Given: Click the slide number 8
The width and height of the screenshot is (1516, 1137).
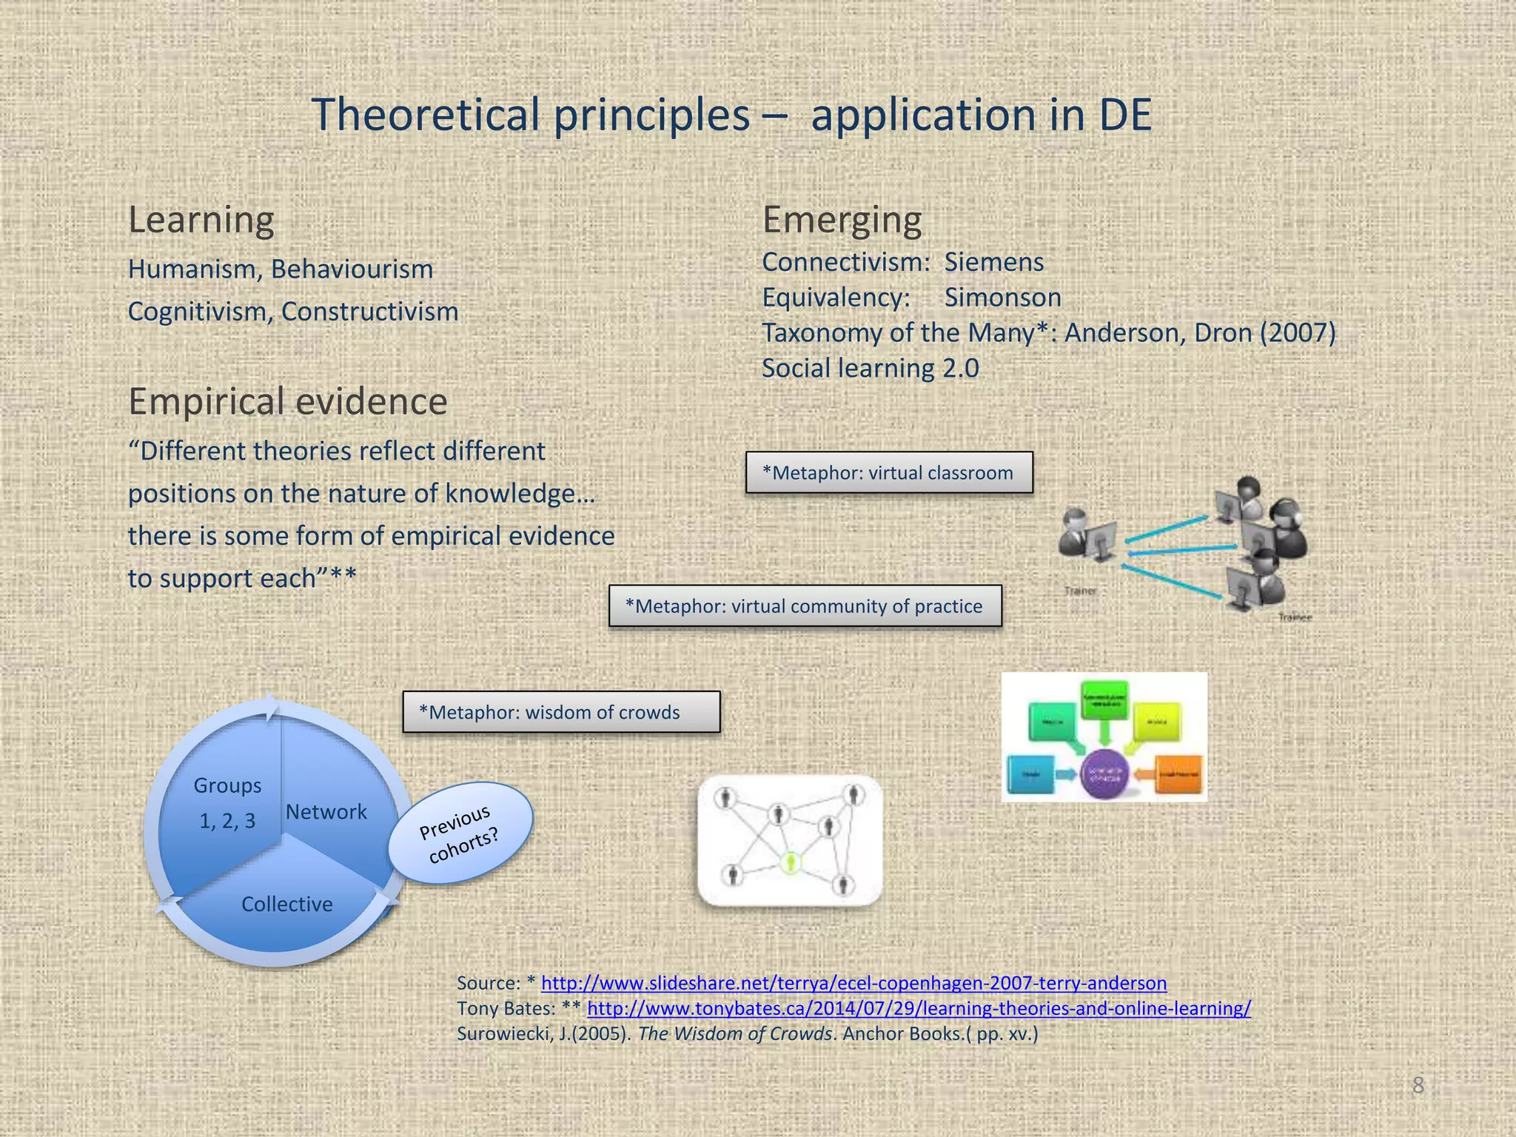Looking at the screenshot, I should tap(1418, 1085).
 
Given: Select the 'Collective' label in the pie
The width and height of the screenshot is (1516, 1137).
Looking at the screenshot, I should tap(286, 904).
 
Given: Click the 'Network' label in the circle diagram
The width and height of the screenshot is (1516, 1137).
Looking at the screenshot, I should tap(326, 812).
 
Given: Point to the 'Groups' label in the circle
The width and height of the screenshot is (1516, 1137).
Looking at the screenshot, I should tap(227, 785).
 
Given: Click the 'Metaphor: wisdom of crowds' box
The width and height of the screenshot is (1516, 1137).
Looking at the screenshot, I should tap(561, 712).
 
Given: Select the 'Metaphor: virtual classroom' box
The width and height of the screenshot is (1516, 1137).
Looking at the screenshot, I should tap(888, 472).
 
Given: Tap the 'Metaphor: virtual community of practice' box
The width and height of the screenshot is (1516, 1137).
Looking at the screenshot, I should tap(805, 606).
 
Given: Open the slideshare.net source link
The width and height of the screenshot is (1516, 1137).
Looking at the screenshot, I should tap(853, 983).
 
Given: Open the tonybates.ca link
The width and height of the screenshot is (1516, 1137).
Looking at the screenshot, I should tap(919, 1008).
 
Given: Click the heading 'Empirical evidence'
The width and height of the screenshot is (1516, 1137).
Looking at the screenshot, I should tap(287, 401).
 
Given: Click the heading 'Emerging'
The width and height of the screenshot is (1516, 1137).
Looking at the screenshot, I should tap(842, 220).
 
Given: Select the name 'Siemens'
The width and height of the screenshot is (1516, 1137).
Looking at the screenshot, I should tap(993, 262).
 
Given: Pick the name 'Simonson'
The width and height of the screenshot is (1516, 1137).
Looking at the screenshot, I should tap(1002, 298).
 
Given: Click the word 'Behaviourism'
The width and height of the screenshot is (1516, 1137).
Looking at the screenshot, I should tap(352, 269).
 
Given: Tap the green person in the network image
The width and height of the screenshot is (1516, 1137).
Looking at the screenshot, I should tap(791, 862).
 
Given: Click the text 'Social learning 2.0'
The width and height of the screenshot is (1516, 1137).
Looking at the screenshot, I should tap(870, 368).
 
